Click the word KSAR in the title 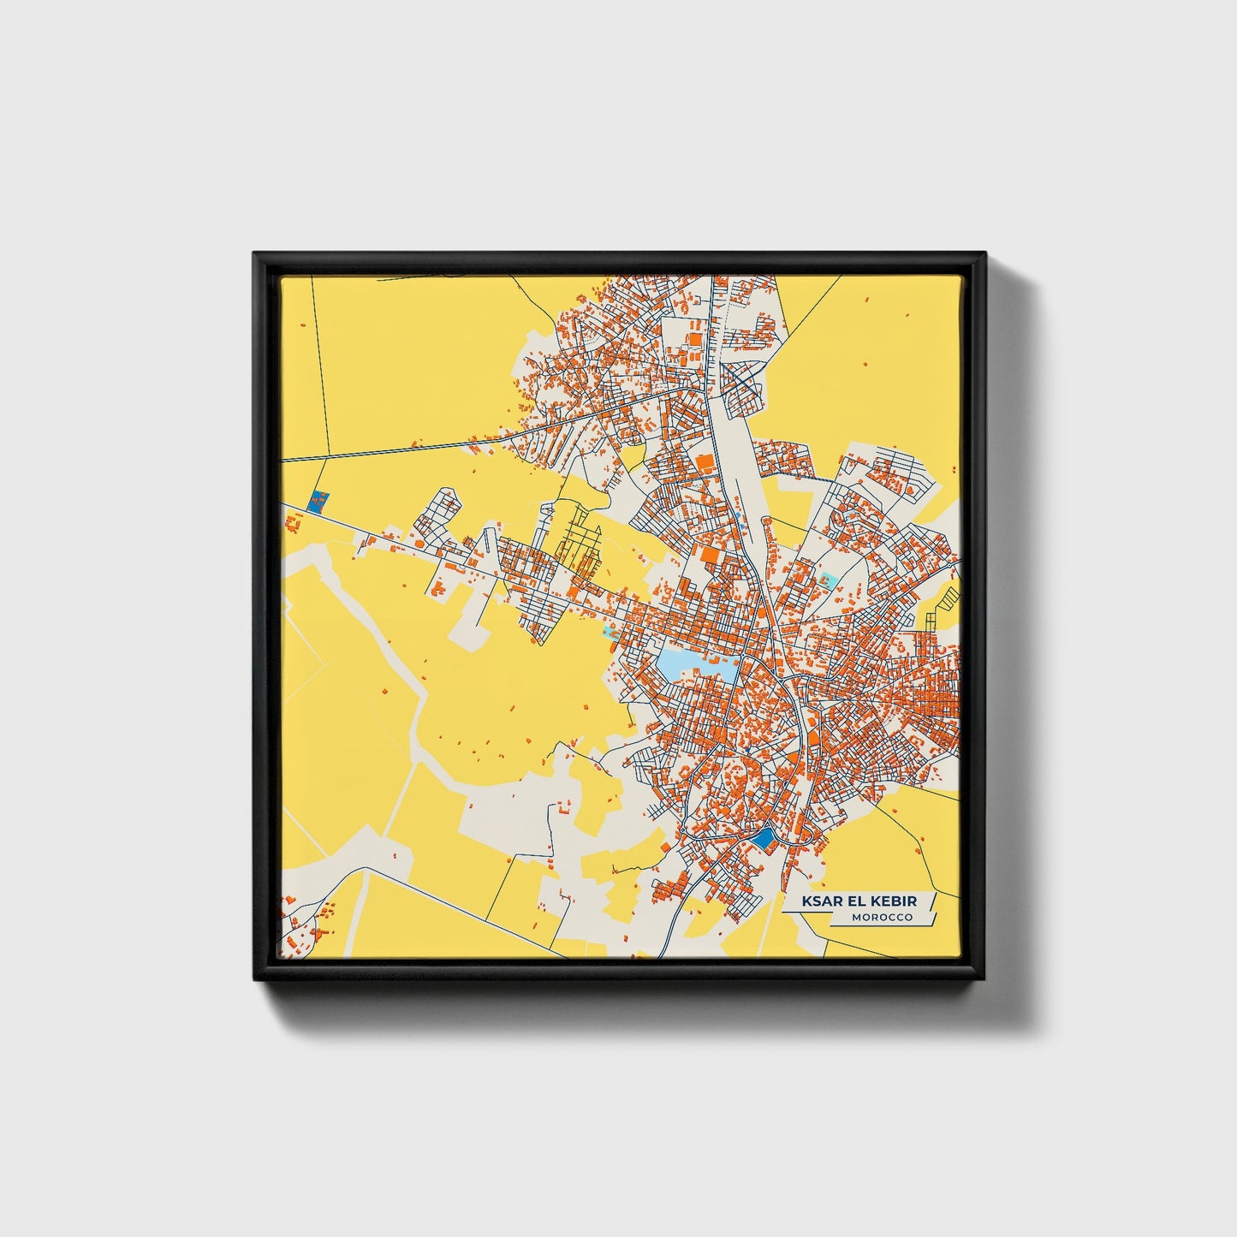pyautogui.click(x=820, y=901)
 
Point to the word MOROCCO pyautogui.click(x=882, y=918)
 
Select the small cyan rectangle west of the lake pyautogui.click(x=609, y=633)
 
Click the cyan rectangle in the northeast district pyautogui.click(x=826, y=580)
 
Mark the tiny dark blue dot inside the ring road pyautogui.click(x=746, y=752)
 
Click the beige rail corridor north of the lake pyautogui.click(x=736, y=479)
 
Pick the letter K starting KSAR pyautogui.click(x=807, y=901)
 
